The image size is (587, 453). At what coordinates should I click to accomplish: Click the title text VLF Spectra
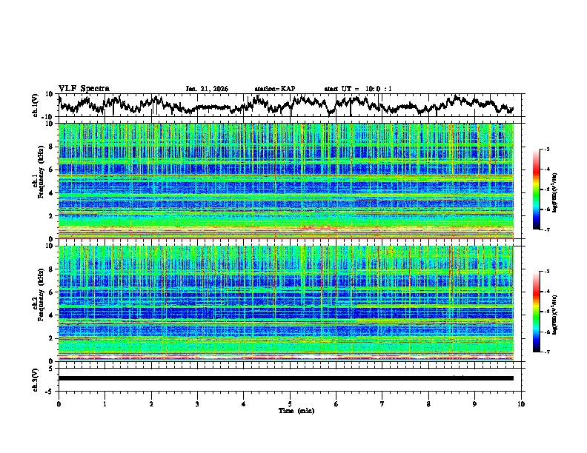click(x=84, y=88)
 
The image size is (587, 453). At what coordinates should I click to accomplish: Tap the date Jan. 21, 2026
click(x=207, y=89)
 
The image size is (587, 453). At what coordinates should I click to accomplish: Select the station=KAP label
click(x=274, y=89)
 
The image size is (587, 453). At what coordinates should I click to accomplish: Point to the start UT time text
click(x=358, y=89)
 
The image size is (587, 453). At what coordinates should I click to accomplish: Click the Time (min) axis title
click(x=290, y=410)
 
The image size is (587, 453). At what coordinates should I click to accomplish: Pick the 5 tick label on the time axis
click(x=290, y=403)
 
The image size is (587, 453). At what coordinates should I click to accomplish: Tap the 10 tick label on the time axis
click(x=521, y=403)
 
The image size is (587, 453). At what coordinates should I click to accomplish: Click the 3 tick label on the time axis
click(x=197, y=403)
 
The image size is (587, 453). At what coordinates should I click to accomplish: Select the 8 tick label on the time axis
click(x=428, y=403)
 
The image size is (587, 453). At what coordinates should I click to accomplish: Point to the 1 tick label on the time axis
click(x=105, y=403)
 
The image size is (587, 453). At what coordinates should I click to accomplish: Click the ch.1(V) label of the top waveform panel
click(x=35, y=106)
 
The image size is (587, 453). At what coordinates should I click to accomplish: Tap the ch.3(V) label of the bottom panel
click(x=35, y=378)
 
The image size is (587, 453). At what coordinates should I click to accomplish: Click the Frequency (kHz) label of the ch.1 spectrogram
click(x=39, y=181)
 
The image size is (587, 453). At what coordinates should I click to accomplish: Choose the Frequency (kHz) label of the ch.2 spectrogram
click(x=39, y=303)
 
